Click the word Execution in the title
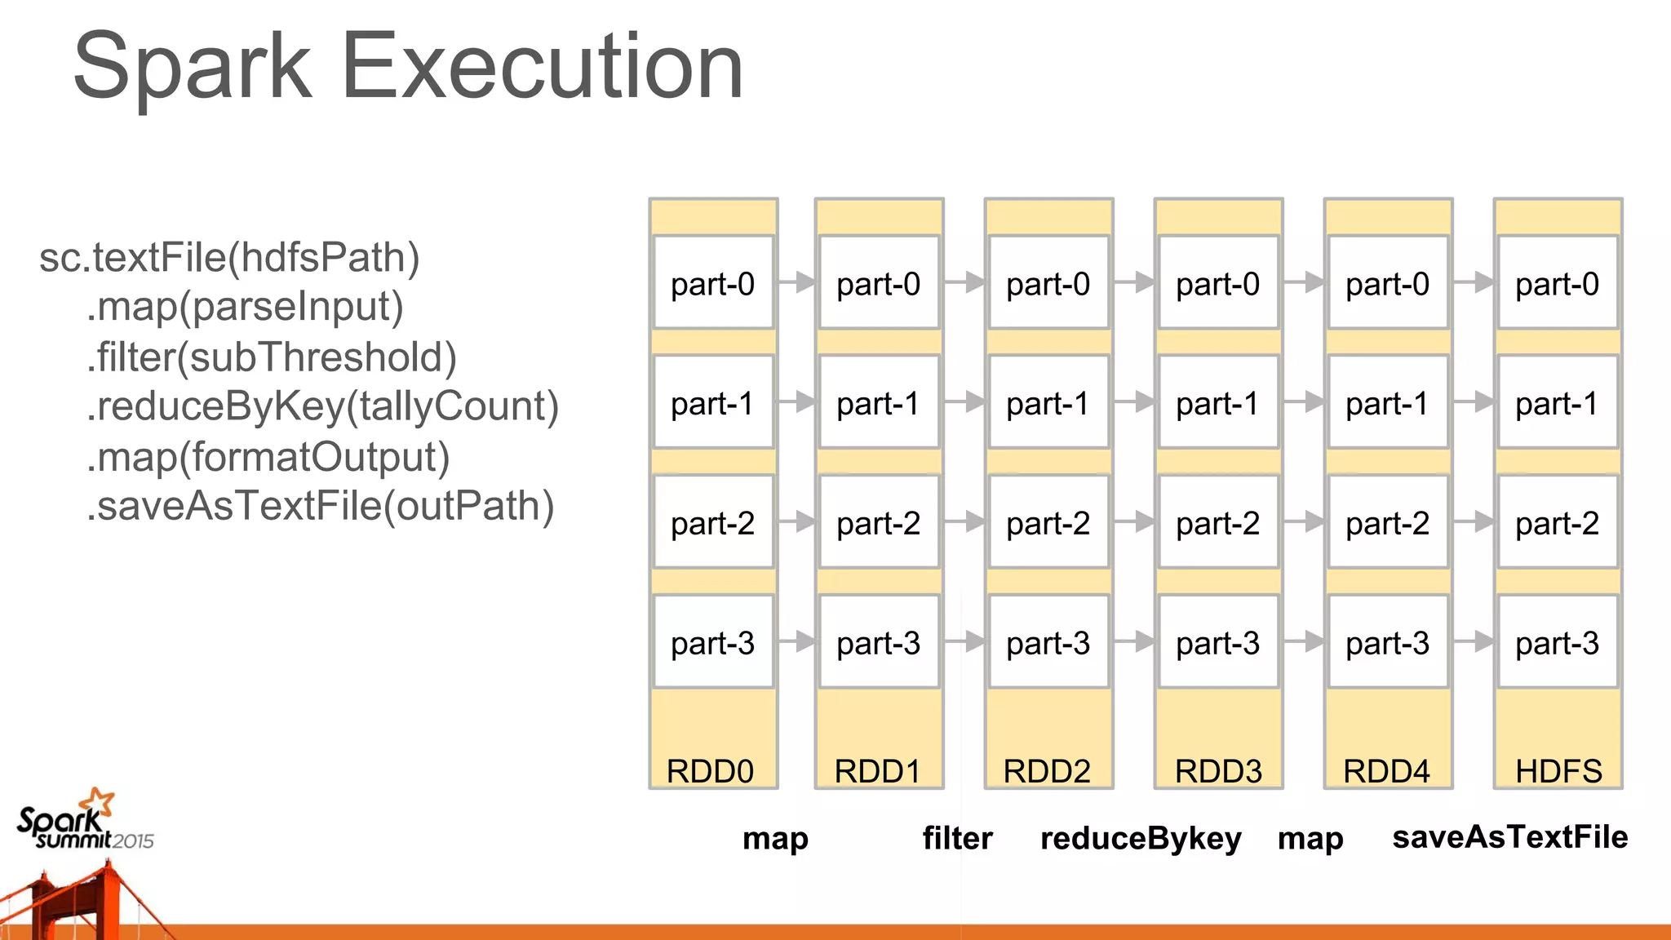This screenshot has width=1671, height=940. coord(542,67)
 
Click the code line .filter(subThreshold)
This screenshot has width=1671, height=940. coord(272,357)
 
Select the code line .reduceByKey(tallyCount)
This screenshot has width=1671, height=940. coord(322,406)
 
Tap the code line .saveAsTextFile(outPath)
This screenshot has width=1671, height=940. coord(320,506)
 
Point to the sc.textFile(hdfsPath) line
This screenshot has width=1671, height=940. coord(229,258)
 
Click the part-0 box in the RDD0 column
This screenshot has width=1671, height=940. coord(713,283)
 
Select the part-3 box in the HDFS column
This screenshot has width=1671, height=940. coord(1557,642)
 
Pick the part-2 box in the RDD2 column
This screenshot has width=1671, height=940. coord(1048,522)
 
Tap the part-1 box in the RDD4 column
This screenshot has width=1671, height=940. coord(1387,403)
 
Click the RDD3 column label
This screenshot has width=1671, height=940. coord(1218,770)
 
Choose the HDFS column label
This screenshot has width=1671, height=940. coord(1558,770)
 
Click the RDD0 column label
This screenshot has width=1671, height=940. coord(710,770)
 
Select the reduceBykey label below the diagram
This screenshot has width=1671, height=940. coord(1141,838)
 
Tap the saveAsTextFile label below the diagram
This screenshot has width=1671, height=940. coord(1509,837)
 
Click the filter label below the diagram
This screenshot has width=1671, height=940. coord(957,838)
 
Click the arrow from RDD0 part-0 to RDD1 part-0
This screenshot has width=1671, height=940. coord(796,282)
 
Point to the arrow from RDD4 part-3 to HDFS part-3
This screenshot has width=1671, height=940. coord(1474,642)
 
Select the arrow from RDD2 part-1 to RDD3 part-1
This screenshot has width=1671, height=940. coord(1134,401)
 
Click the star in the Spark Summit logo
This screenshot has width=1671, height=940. coord(100,801)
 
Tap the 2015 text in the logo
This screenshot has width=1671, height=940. coord(133,841)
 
